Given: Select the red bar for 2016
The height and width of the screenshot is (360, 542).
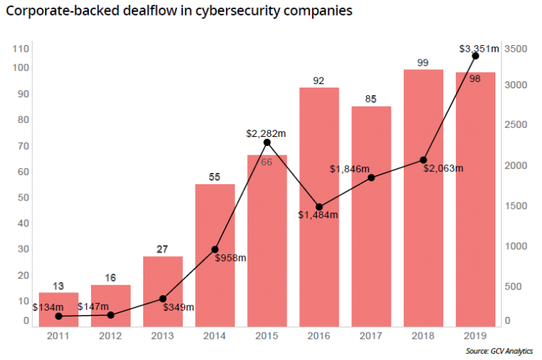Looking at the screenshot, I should (319, 205).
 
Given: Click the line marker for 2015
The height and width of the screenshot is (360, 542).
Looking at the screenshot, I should (267, 143).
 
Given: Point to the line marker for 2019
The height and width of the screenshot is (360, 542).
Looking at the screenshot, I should (475, 56).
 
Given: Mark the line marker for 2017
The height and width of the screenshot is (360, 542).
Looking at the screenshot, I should (371, 177).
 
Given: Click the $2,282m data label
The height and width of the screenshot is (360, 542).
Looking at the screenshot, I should (266, 132).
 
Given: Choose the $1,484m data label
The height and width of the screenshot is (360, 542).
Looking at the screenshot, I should (318, 215).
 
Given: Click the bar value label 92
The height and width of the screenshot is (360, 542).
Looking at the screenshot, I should (318, 80).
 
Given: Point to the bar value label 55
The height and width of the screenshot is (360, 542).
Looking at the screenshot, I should (215, 177).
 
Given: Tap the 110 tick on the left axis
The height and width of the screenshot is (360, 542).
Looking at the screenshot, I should (20, 49).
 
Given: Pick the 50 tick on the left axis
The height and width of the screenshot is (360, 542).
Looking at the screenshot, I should (23, 198).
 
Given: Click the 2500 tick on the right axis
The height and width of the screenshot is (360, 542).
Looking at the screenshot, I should (517, 125).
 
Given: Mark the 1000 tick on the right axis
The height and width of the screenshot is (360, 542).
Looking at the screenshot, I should (517, 246).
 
